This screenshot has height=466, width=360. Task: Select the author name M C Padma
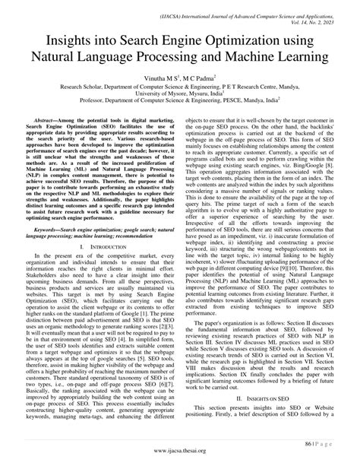click(x=200, y=78)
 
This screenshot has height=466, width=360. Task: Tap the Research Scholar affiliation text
click(x=67, y=87)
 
